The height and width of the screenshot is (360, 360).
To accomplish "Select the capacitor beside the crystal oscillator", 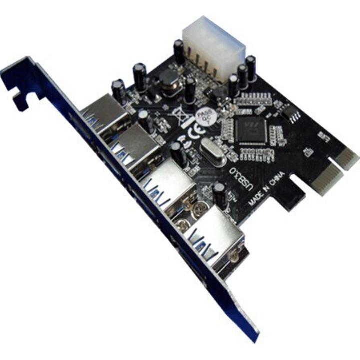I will [176, 152].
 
